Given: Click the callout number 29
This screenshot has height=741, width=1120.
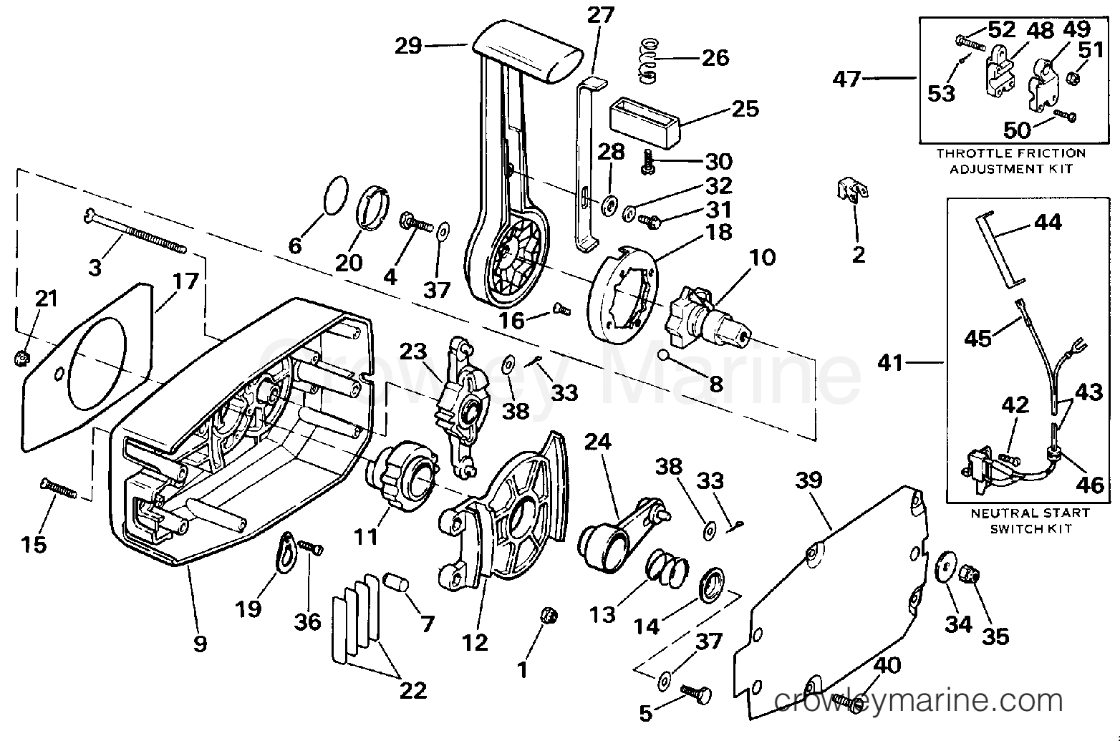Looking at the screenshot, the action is pos(408,47).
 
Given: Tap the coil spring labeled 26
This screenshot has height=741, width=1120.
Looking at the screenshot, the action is pos(649,61).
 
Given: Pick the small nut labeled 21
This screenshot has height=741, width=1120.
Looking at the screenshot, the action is pos(21,357).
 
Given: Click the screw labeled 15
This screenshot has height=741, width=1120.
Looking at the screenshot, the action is pos(58,488).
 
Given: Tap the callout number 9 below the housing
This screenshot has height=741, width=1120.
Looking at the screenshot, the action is pos(200,644).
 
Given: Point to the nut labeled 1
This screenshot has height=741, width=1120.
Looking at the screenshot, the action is pos(549,616).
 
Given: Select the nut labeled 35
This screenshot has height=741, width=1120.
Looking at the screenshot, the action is pos(970,575).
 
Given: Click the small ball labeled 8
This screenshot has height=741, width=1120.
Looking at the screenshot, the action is pos(664,355).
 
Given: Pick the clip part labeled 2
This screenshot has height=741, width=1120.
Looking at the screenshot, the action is pos(852,191).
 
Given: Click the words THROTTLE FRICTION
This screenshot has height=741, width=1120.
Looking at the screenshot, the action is pos(1011,153).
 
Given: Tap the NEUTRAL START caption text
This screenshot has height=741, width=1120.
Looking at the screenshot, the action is pos(1030,513).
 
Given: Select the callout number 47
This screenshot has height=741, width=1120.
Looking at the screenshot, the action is pos(846,79).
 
